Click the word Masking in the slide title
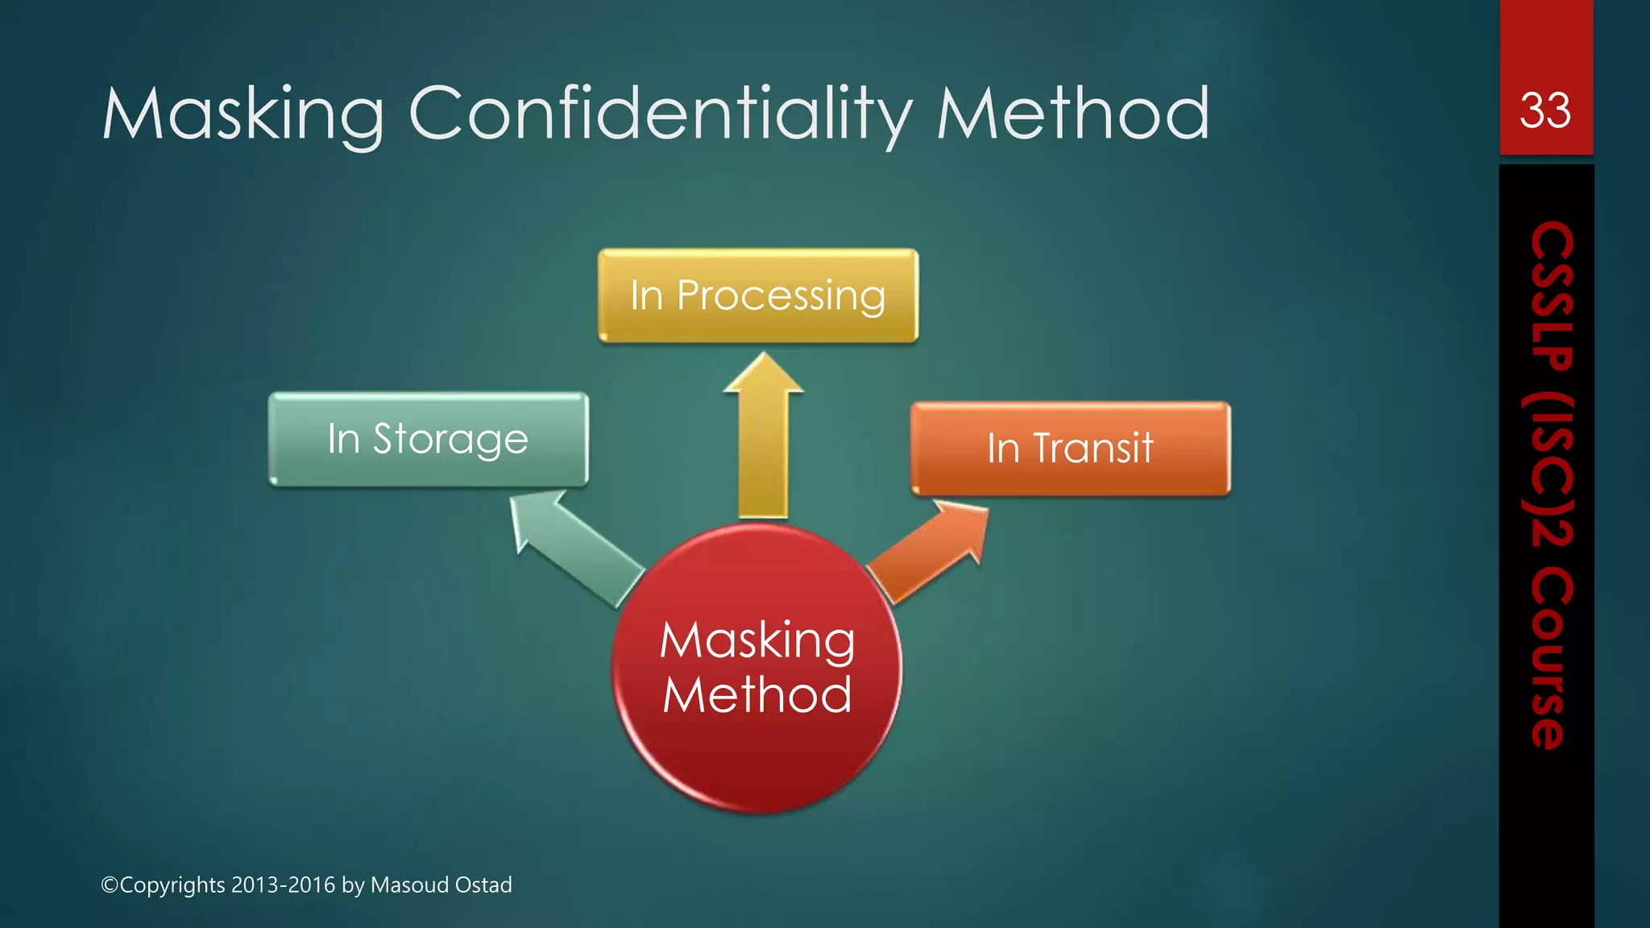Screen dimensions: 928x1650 [243, 114]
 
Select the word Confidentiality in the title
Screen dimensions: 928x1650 [661, 114]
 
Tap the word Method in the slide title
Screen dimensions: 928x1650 [1072, 114]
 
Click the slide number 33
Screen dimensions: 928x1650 [1544, 110]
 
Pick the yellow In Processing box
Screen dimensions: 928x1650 [757, 296]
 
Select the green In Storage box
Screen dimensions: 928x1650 [428, 439]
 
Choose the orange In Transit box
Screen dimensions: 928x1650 [1070, 449]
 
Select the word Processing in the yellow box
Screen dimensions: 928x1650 [781, 296]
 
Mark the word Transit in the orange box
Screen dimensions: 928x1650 [1093, 449]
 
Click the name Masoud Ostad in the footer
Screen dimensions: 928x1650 [441, 884]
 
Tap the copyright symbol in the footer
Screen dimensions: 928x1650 [110, 885]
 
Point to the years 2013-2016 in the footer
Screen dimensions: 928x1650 [283, 884]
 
